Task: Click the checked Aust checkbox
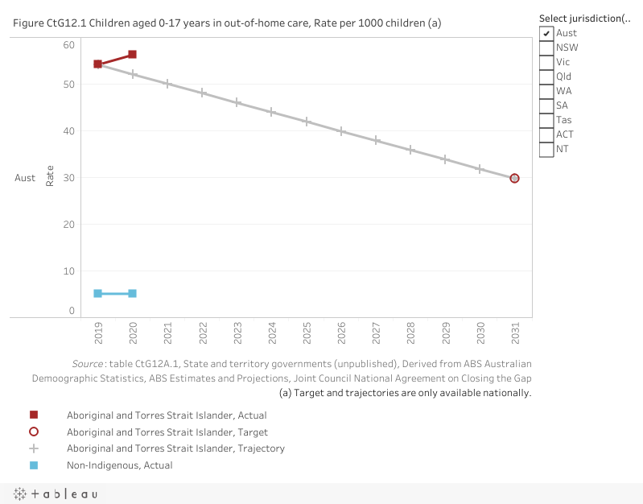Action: click(546, 33)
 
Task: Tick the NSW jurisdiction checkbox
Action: click(546, 48)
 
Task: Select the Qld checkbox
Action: click(546, 76)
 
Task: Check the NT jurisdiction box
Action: click(546, 149)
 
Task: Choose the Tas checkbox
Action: click(546, 120)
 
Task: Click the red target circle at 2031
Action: click(514, 178)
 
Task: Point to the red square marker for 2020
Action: click(132, 54)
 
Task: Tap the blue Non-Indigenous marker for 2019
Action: click(97, 293)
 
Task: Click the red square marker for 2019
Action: click(97, 64)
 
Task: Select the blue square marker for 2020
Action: click(132, 293)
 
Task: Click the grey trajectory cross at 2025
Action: click(307, 122)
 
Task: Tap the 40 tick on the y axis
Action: click(69, 131)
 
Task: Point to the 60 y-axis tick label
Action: click(69, 44)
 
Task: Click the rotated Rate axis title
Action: click(50, 176)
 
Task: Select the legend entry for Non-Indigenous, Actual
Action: click(119, 465)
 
